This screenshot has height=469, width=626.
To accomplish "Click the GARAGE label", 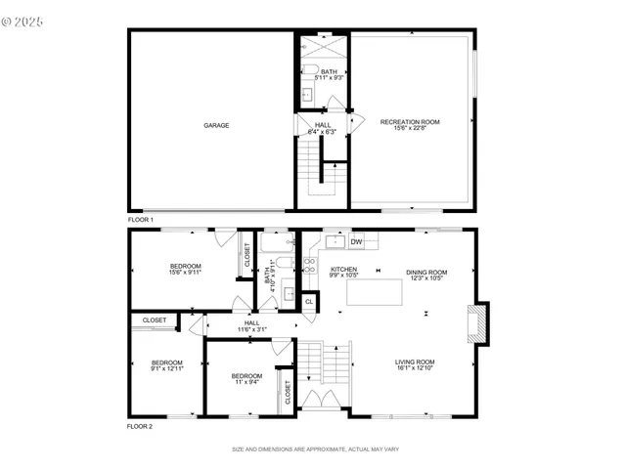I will [216, 125].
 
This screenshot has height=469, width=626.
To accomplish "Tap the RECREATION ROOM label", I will [410, 122].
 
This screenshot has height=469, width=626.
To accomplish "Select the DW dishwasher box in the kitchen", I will [357, 241].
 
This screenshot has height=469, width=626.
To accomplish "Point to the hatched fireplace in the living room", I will [477, 325].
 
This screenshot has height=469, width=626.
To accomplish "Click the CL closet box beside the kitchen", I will [309, 302].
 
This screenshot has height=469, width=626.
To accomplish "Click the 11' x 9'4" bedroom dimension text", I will [246, 382].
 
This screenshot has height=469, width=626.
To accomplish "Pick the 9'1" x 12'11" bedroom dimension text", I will [167, 368].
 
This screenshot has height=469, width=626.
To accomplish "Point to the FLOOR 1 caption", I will [141, 221].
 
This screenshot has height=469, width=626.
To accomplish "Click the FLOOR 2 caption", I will [141, 427].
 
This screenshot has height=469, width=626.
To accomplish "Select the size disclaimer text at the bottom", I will [313, 449].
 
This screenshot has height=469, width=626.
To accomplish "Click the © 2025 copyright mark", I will [23, 19].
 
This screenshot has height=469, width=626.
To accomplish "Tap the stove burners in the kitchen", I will [310, 263].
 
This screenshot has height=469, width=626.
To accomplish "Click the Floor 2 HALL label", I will [251, 322].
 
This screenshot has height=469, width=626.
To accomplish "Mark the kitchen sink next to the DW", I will [335, 240].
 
